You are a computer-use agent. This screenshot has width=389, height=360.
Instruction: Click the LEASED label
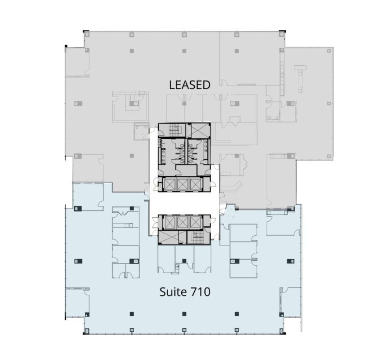[x=190, y=85]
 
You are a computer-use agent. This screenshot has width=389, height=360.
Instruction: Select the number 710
[x=201, y=293]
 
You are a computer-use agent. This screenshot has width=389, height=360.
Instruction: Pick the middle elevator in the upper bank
[x=183, y=184]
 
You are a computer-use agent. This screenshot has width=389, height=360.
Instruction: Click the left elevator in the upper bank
[x=169, y=184]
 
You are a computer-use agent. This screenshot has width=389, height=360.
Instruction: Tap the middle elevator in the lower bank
[x=183, y=222]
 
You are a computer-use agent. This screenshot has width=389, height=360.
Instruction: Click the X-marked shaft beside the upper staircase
[x=198, y=130]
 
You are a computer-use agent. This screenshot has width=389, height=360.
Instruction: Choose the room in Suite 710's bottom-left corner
[x=77, y=299]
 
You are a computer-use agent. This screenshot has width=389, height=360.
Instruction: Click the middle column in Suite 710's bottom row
[x=183, y=314]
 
